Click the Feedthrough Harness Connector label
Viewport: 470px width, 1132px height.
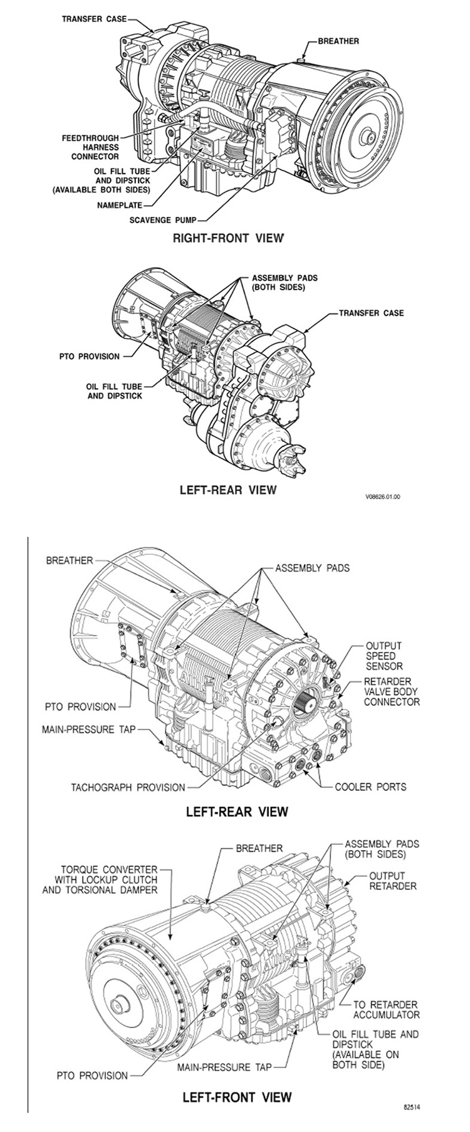[90, 147]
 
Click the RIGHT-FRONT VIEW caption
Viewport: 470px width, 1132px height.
[227, 238]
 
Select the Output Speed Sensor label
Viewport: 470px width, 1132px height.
[384, 656]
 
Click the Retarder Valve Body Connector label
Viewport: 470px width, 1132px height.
[392, 691]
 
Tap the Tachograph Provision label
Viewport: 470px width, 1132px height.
[128, 787]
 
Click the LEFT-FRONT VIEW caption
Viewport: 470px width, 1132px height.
[236, 1097]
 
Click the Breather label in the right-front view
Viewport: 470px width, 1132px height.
[338, 41]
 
